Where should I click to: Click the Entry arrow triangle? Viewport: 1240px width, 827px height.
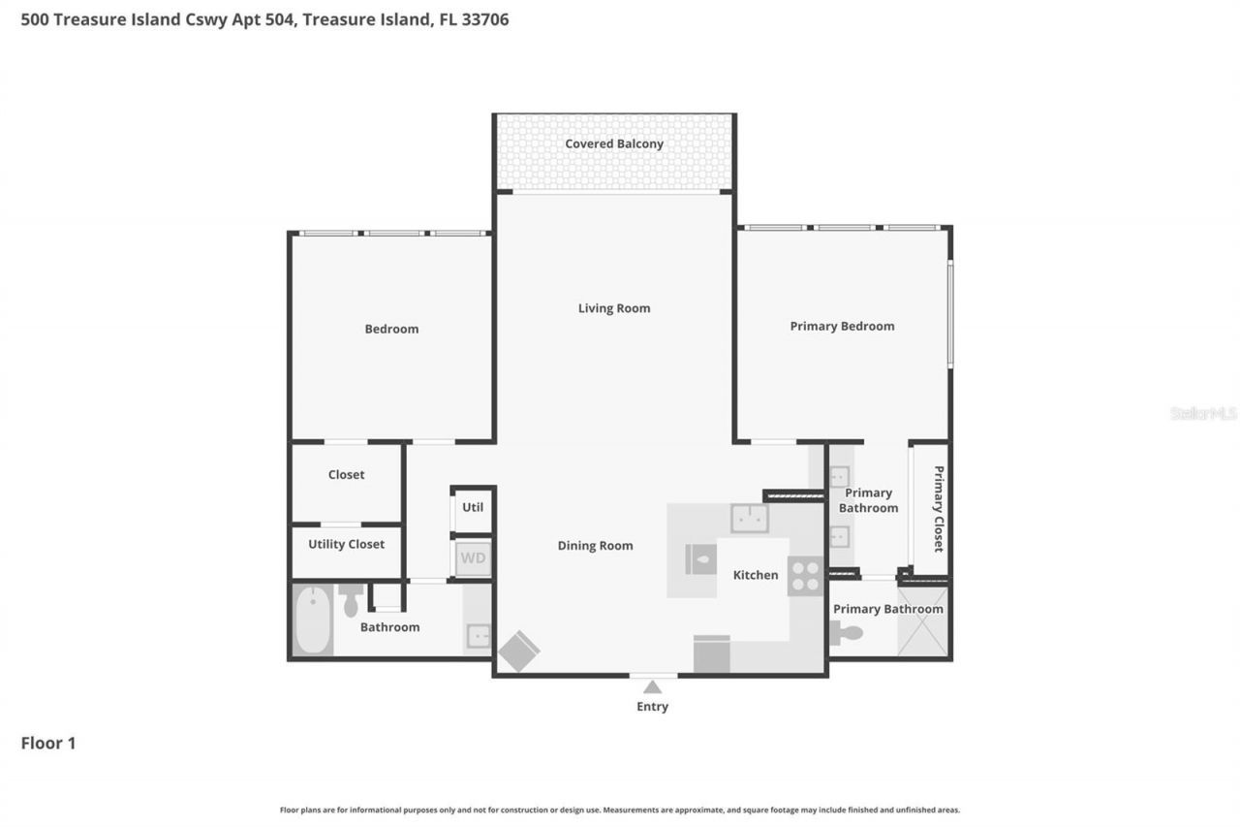point(653,687)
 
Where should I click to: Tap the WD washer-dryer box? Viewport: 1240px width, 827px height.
point(473,558)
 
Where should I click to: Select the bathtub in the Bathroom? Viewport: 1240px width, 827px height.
point(313,620)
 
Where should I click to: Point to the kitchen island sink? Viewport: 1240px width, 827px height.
point(749,519)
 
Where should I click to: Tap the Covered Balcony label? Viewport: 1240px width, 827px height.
point(614,144)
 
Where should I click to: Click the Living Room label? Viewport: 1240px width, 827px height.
point(614,308)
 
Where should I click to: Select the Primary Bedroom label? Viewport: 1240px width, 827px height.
point(842,326)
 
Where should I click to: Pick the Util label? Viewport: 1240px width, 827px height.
point(473,507)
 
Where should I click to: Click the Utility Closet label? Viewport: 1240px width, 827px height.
point(346,544)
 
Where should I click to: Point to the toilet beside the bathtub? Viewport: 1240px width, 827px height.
point(351,601)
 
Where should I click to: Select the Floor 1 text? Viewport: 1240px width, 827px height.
point(48,744)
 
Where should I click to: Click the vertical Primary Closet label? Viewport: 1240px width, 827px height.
point(938,509)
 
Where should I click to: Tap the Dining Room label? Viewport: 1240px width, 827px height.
point(595,546)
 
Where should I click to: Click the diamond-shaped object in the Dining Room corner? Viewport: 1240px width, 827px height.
point(519,651)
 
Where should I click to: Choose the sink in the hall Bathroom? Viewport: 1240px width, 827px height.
point(479,635)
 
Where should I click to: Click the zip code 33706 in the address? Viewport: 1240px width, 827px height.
point(485,19)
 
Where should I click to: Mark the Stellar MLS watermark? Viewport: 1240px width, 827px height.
point(1203,413)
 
